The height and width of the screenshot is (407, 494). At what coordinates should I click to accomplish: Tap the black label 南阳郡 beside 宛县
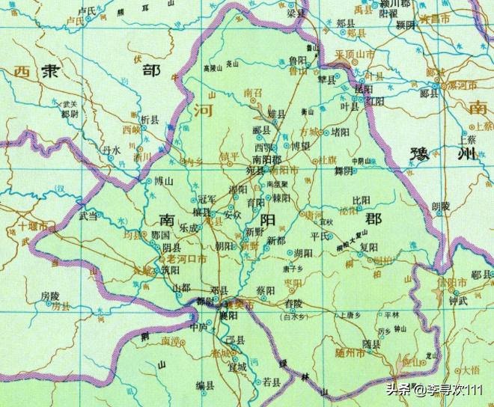[x=266, y=159]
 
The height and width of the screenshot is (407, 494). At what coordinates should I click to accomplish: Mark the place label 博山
[x=163, y=181]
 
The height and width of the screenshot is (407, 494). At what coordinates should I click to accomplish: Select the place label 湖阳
[x=303, y=253]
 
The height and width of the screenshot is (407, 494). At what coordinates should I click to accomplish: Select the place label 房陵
[x=50, y=296]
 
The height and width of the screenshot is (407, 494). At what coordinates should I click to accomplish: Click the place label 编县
[x=206, y=385]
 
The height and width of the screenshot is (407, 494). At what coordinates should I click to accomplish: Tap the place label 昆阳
[x=362, y=88]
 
